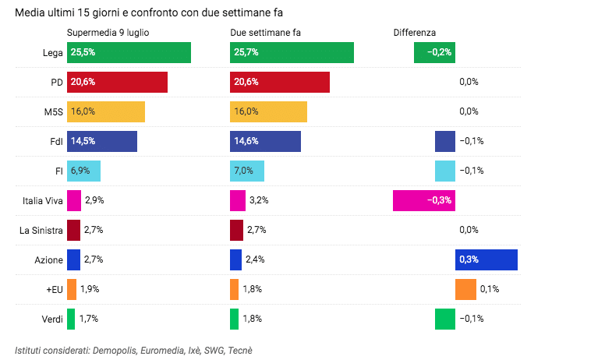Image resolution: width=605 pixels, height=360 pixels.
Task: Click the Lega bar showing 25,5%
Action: click(129, 53)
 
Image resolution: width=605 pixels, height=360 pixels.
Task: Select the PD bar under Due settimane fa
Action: click(280, 82)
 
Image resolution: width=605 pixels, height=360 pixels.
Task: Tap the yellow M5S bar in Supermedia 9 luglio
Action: click(106, 111)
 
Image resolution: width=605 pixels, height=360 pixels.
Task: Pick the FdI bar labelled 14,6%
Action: click(266, 141)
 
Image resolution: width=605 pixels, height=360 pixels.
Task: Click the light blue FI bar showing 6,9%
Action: click(83, 171)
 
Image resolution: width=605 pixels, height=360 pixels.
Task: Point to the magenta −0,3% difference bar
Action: click(423, 200)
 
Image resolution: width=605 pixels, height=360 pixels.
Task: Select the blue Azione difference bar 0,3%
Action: click(486, 259)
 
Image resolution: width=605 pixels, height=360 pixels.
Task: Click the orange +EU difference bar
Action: click(465, 289)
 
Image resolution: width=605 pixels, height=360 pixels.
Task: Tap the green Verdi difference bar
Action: click(444, 319)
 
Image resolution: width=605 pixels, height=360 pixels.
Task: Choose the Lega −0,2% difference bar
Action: click(434, 53)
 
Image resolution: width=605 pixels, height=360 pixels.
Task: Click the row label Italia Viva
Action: click(42, 201)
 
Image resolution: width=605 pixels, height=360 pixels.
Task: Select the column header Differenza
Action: click(414, 32)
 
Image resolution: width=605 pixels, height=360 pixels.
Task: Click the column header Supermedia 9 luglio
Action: click(108, 32)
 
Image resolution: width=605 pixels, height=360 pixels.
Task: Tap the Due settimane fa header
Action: click(265, 32)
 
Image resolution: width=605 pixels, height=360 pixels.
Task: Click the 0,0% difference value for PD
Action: click(469, 82)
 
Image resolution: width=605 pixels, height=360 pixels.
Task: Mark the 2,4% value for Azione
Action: click(257, 259)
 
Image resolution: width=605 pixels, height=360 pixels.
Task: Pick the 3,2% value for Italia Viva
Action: click(259, 200)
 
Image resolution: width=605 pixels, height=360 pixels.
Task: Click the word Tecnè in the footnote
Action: click(240, 351)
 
